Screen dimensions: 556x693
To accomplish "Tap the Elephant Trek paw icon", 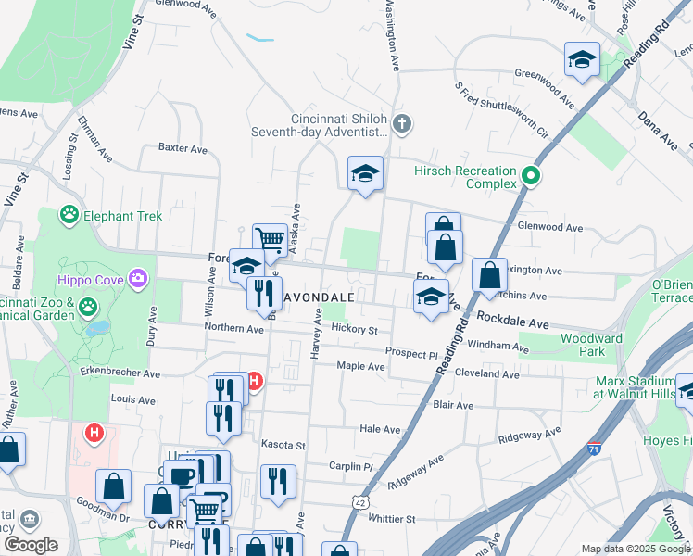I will (x=69, y=216).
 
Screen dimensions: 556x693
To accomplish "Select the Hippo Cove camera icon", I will (x=139, y=277).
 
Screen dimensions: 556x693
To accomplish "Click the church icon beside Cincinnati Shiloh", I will (x=401, y=123).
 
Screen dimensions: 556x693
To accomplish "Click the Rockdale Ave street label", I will (x=513, y=319).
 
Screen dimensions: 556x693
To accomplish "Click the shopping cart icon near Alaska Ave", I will (x=270, y=239).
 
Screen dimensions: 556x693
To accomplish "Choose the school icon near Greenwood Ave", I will (x=581, y=59).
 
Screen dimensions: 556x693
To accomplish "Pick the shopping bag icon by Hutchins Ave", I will (x=488, y=275).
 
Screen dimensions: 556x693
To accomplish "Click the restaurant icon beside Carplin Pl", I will (x=278, y=482).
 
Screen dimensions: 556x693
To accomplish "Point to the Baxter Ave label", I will (x=183, y=147).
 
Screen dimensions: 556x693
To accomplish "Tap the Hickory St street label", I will (x=356, y=330).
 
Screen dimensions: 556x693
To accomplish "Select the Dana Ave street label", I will (x=657, y=129).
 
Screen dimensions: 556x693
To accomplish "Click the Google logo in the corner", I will (x=31, y=545).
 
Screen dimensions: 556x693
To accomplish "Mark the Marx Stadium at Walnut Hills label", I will (x=635, y=387).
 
